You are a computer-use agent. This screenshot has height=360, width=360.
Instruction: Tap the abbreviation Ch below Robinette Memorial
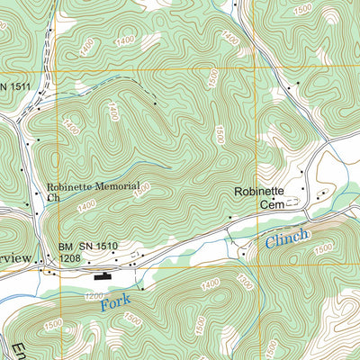point(52,197)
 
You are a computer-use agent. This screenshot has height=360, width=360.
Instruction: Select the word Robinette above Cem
point(258,192)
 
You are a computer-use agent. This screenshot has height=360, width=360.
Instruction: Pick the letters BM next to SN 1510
point(66,246)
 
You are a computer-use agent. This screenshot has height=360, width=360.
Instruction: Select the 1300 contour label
point(242,283)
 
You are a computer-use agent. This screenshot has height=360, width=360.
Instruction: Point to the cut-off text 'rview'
point(15,258)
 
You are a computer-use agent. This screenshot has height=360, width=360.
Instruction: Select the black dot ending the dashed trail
point(156,104)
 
